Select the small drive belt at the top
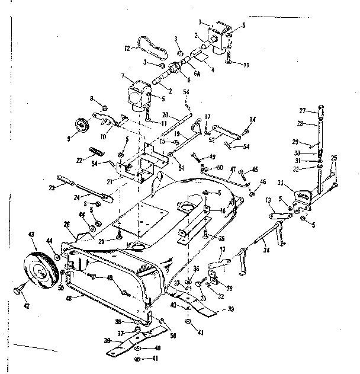[x=150, y=44]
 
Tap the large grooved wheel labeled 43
[x=41, y=270]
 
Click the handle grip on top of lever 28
[x=320, y=111]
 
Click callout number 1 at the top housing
[x=200, y=23]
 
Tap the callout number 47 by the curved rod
[x=233, y=170]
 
